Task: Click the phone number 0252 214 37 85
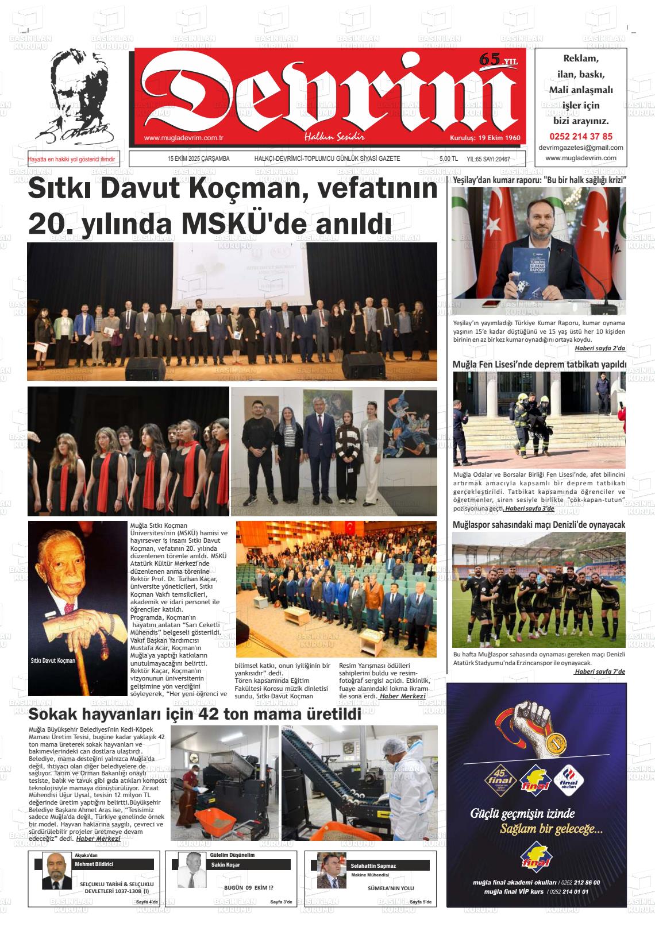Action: pos(581,137)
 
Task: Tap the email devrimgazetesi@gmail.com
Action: pos(581,148)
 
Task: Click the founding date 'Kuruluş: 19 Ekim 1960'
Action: pos(484,138)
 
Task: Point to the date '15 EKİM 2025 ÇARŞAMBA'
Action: pos(199,159)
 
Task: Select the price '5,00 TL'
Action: pos(448,159)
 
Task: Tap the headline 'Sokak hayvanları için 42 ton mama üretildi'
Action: pos(195,714)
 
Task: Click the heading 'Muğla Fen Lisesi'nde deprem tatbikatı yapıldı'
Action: pos(539,364)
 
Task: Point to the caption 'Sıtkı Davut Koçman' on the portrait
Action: pos(53,660)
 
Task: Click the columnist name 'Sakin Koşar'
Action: pos(226,864)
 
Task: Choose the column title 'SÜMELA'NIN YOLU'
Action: pos(391,888)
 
